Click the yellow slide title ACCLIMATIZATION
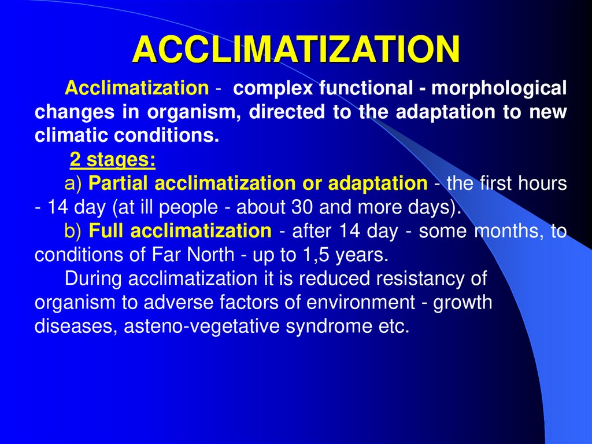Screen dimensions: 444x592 coord(296,50)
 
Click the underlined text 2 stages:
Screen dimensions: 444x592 coord(112,159)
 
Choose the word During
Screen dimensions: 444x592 coord(94,278)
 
